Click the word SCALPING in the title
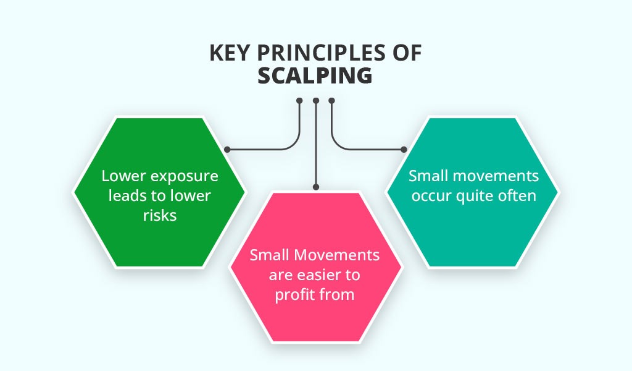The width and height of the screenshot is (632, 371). point(315,75)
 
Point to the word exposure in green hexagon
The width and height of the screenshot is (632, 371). point(187,176)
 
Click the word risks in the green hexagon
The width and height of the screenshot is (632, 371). point(160,216)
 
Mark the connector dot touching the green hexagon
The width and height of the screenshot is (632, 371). point(228,150)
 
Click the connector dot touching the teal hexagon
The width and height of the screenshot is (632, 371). point(404,150)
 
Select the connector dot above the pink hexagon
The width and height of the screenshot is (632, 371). point(315,187)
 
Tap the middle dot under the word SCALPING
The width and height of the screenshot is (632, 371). point(315,100)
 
